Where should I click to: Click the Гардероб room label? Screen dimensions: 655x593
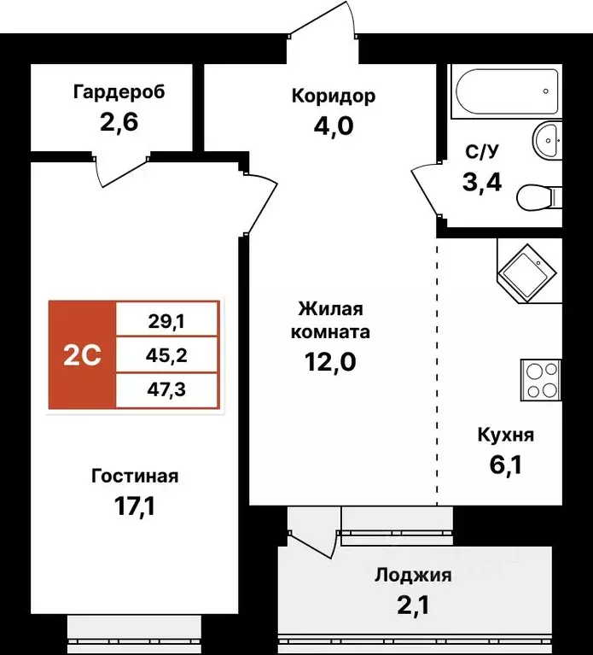(119, 92)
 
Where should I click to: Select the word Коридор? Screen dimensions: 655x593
(333, 96)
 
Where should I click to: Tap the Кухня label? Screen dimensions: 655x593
(505, 436)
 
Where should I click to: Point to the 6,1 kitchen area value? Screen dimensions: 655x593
(505, 465)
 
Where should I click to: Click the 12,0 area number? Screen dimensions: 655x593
(330, 361)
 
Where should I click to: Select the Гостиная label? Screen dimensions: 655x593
(135, 477)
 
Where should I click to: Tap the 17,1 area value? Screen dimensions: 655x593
(134, 507)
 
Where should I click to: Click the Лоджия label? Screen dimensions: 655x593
(413, 576)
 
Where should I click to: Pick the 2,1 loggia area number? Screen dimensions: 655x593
(413, 605)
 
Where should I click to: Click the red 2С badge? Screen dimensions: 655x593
(82, 354)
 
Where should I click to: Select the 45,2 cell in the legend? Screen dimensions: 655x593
(167, 355)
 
